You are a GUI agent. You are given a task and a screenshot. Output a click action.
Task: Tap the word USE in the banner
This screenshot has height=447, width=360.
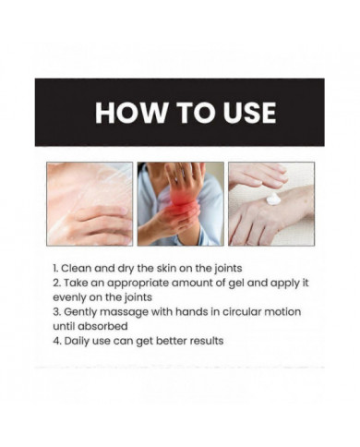[x=249, y=113]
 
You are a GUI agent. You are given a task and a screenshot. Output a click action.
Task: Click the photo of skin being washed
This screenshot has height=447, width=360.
[x=90, y=204]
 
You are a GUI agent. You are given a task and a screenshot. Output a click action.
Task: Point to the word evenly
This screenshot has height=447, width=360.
[x=69, y=297]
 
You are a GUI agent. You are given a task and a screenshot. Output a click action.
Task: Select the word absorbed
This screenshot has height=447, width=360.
[x=102, y=326]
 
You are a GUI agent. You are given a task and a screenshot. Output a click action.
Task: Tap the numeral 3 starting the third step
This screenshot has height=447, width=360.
[x=55, y=312]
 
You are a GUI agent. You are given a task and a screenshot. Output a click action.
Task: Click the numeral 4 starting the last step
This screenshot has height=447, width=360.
[x=56, y=341]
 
